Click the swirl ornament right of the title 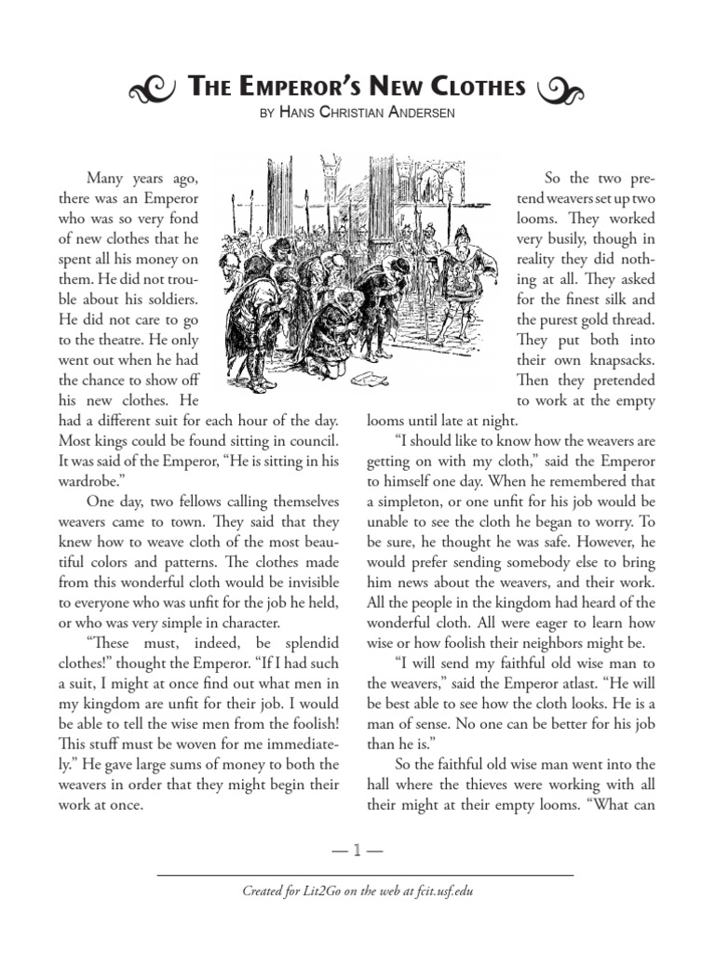pos(561,89)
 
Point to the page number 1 pos(357,848)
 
